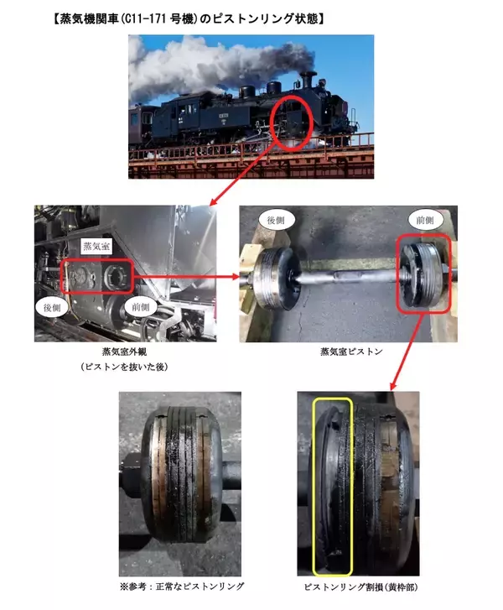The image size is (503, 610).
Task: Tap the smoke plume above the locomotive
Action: pos(210,63)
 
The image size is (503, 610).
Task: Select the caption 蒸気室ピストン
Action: pos(351,352)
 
